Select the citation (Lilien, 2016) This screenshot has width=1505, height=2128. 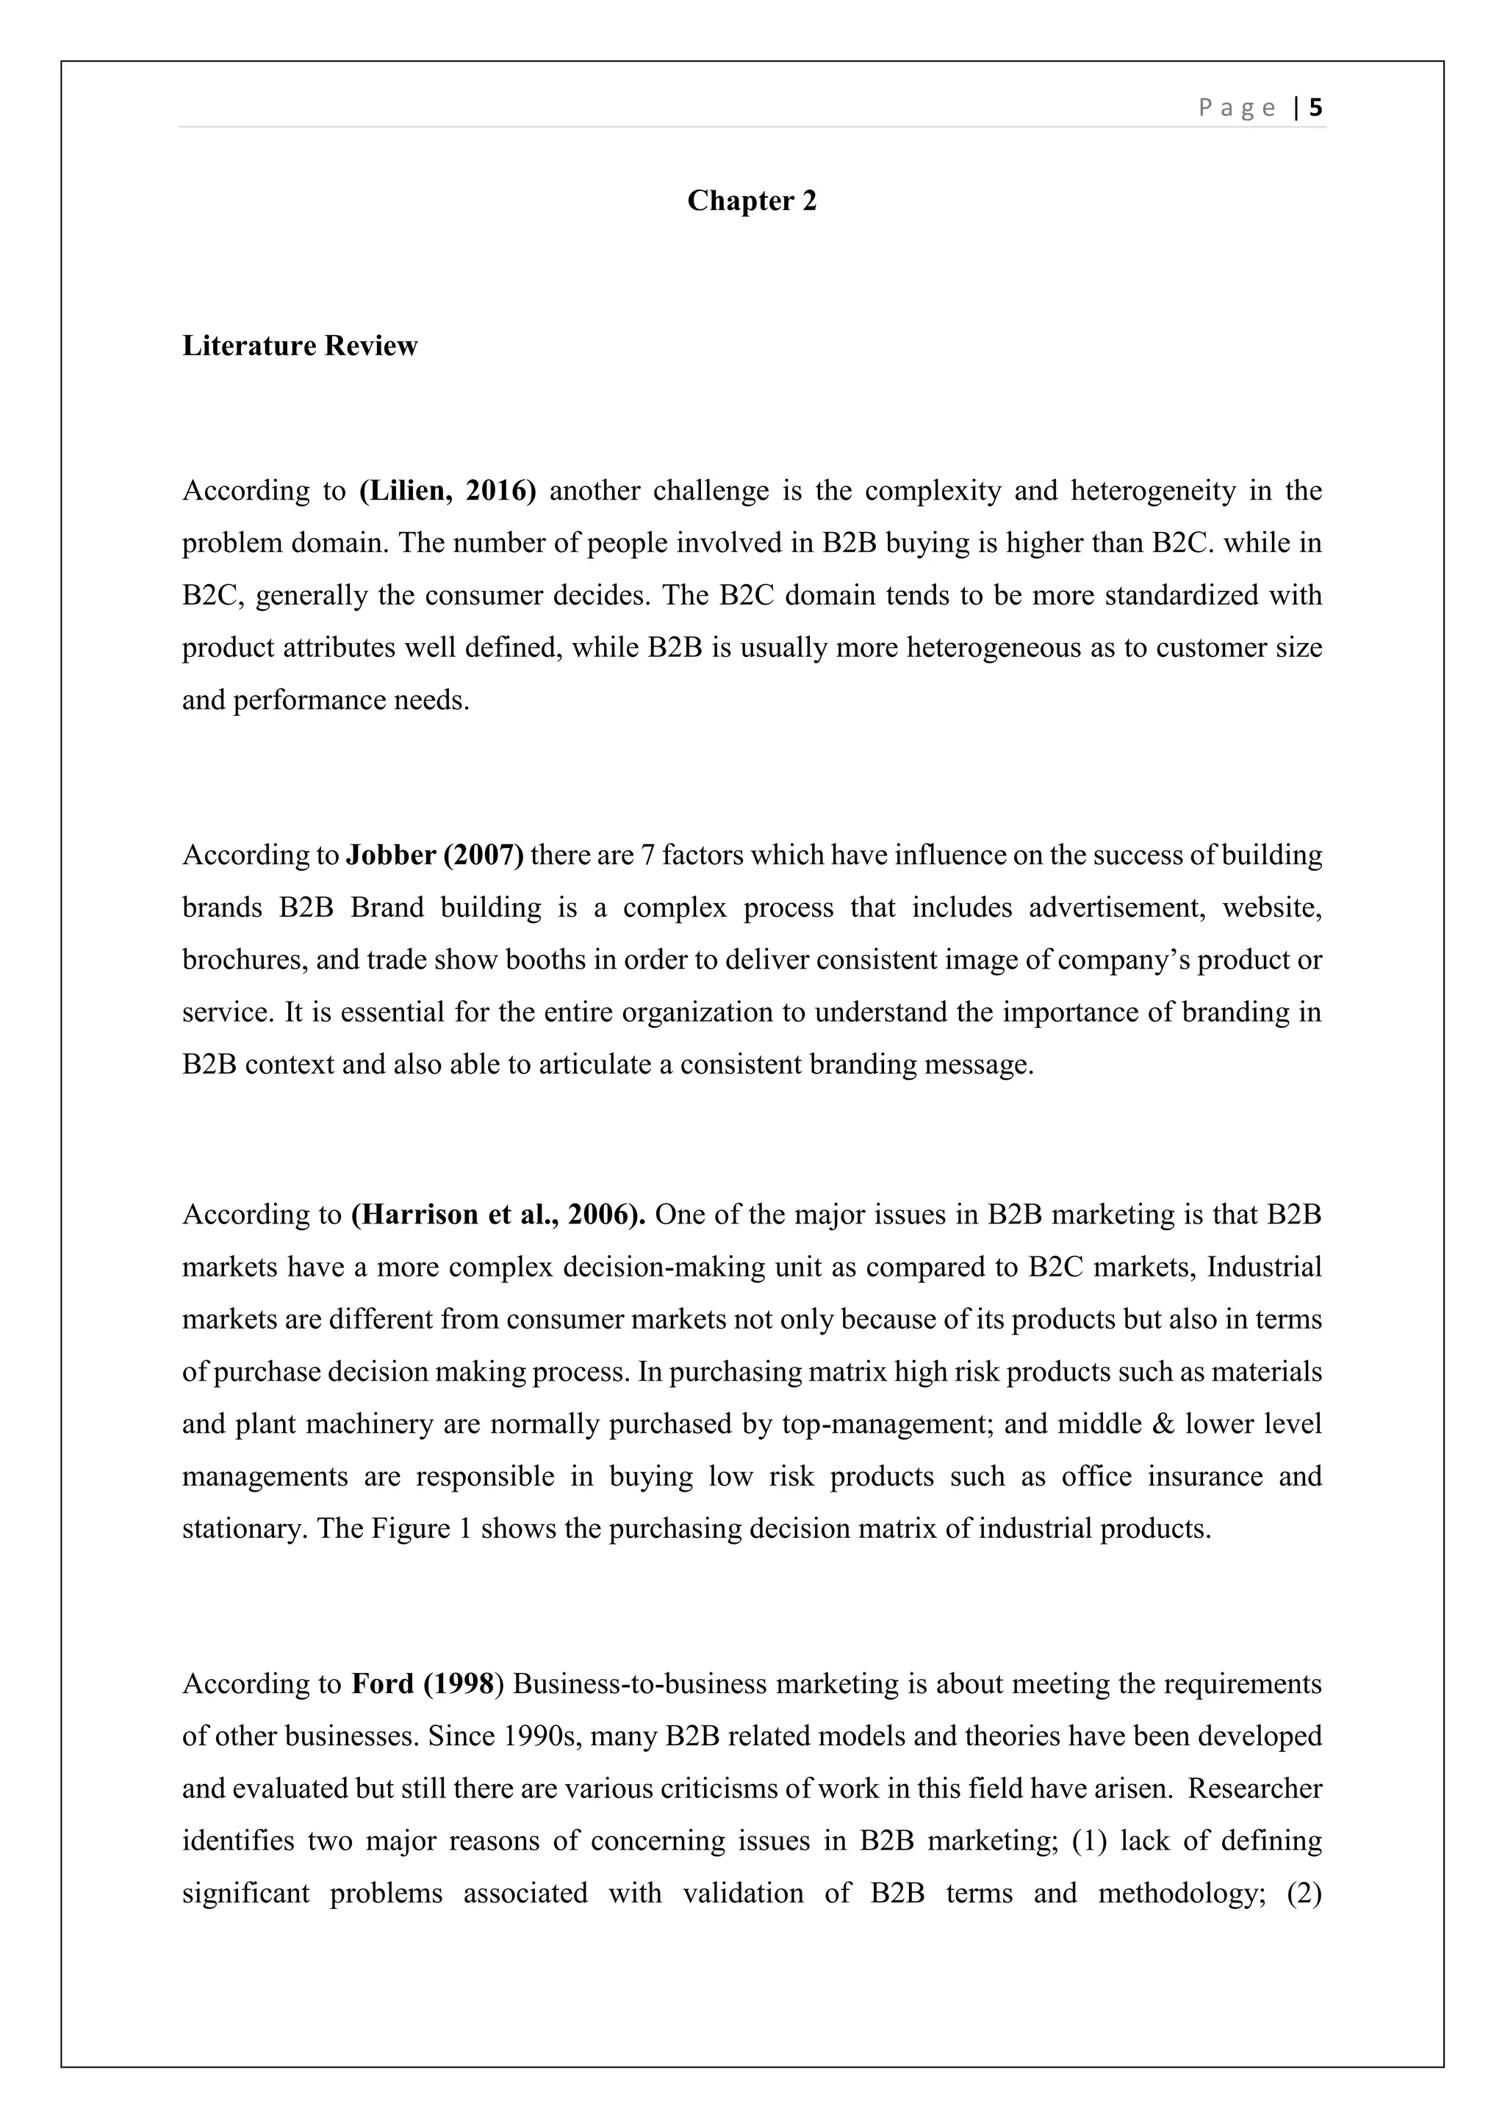coord(448,490)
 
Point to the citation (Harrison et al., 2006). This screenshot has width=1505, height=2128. coord(498,1214)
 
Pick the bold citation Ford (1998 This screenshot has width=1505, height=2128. coord(423,1683)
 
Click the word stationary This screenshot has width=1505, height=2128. coord(242,1528)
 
